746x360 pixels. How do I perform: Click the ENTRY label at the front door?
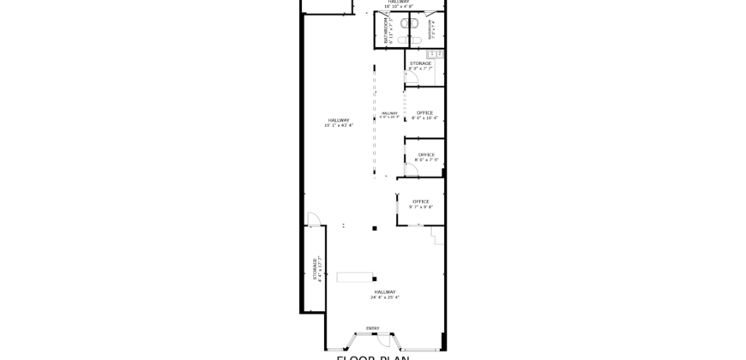point(372,328)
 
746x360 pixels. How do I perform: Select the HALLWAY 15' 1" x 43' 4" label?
point(337,123)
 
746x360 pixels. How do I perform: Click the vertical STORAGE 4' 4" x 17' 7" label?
point(316,267)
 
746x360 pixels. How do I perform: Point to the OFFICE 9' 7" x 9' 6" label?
point(420,204)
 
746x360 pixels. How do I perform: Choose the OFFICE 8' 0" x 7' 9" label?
point(426,157)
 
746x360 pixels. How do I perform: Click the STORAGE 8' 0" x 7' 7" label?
point(419,66)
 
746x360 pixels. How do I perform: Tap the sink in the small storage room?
point(435,55)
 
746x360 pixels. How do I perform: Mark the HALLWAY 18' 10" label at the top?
point(399,3)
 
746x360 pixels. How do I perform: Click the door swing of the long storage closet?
point(313,220)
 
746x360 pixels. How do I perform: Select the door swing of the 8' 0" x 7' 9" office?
point(411,171)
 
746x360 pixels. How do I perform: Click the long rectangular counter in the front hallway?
point(355,277)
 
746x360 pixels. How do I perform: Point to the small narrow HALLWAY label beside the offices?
point(390,115)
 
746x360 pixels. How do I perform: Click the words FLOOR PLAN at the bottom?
point(372,356)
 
